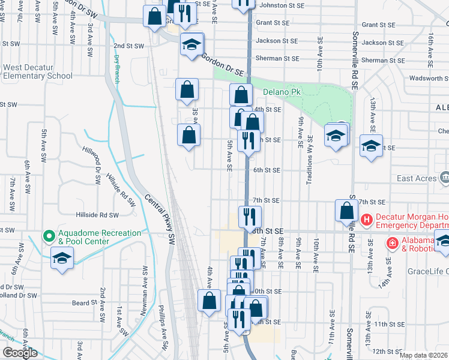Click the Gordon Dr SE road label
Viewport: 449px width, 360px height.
tap(223, 65)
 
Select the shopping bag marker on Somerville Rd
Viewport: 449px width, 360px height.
tap(347, 211)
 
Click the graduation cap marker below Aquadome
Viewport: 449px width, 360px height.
tap(62, 260)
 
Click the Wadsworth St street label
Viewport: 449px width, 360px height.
tap(429, 78)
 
